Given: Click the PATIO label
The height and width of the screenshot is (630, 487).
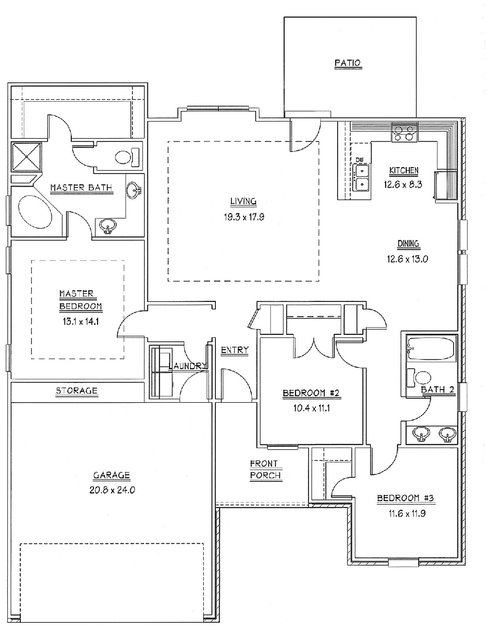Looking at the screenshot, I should pyautogui.click(x=348, y=63).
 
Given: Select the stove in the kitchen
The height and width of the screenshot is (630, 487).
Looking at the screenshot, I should pyautogui.click(x=405, y=133).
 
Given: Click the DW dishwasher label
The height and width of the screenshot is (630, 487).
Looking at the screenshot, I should pyautogui.click(x=359, y=159).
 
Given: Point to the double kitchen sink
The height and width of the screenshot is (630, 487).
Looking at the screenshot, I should pyautogui.click(x=361, y=178).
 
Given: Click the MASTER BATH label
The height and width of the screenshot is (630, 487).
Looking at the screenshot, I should pyautogui.click(x=81, y=188).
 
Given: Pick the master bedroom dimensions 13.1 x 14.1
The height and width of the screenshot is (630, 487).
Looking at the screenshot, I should pyautogui.click(x=81, y=320).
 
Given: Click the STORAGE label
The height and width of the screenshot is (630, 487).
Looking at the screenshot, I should pyautogui.click(x=77, y=391).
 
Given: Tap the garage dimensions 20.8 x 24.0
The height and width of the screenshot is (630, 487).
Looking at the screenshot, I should pyautogui.click(x=112, y=489).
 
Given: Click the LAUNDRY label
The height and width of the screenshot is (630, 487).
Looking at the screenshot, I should pyautogui.click(x=188, y=366).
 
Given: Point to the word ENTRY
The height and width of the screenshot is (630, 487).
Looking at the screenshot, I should pyautogui.click(x=235, y=350).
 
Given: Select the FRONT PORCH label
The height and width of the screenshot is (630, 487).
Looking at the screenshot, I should pyautogui.click(x=265, y=470).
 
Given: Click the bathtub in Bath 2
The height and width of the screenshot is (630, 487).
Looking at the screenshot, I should pyautogui.click(x=431, y=348).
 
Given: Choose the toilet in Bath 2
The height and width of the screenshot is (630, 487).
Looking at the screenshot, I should pyautogui.click(x=421, y=378).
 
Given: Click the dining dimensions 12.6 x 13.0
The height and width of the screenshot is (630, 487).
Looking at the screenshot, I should pyautogui.click(x=407, y=259).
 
